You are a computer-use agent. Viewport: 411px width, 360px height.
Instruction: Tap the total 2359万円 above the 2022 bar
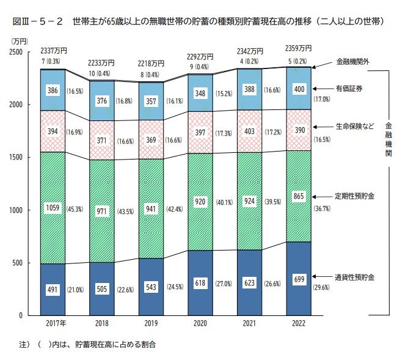click(299, 48)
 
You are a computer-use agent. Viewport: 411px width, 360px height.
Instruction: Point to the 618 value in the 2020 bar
click(200, 284)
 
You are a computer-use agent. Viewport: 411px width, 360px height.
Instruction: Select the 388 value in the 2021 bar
click(250, 89)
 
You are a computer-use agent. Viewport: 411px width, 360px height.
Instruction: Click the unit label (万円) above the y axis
click(19, 40)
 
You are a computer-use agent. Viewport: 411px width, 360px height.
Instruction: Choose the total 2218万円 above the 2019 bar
click(150, 63)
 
